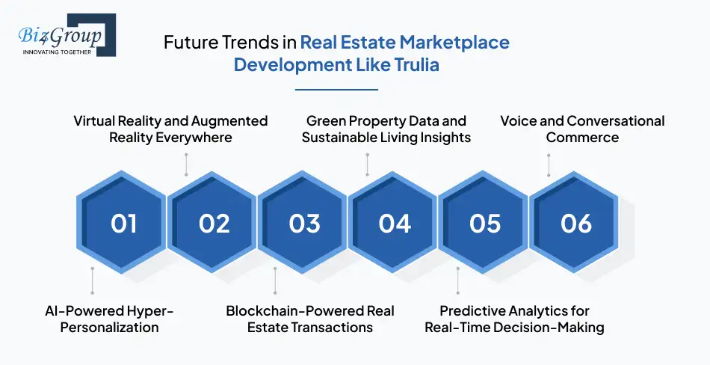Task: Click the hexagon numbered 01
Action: click(x=123, y=222)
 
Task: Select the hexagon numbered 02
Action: click(x=214, y=222)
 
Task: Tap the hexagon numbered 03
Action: click(x=304, y=222)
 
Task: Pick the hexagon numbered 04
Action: click(x=395, y=222)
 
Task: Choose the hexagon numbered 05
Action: click(x=485, y=222)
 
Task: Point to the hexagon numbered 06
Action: click(x=575, y=222)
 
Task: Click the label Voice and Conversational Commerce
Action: click(x=582, y=129)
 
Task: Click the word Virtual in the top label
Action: click(x=96, y=120)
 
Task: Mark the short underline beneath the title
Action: click(x=336, y=89)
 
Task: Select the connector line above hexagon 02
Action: click(x=185, y=165)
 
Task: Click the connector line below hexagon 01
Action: click(x=93, y=280)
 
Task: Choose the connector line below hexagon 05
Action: click(x=457, y=280)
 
